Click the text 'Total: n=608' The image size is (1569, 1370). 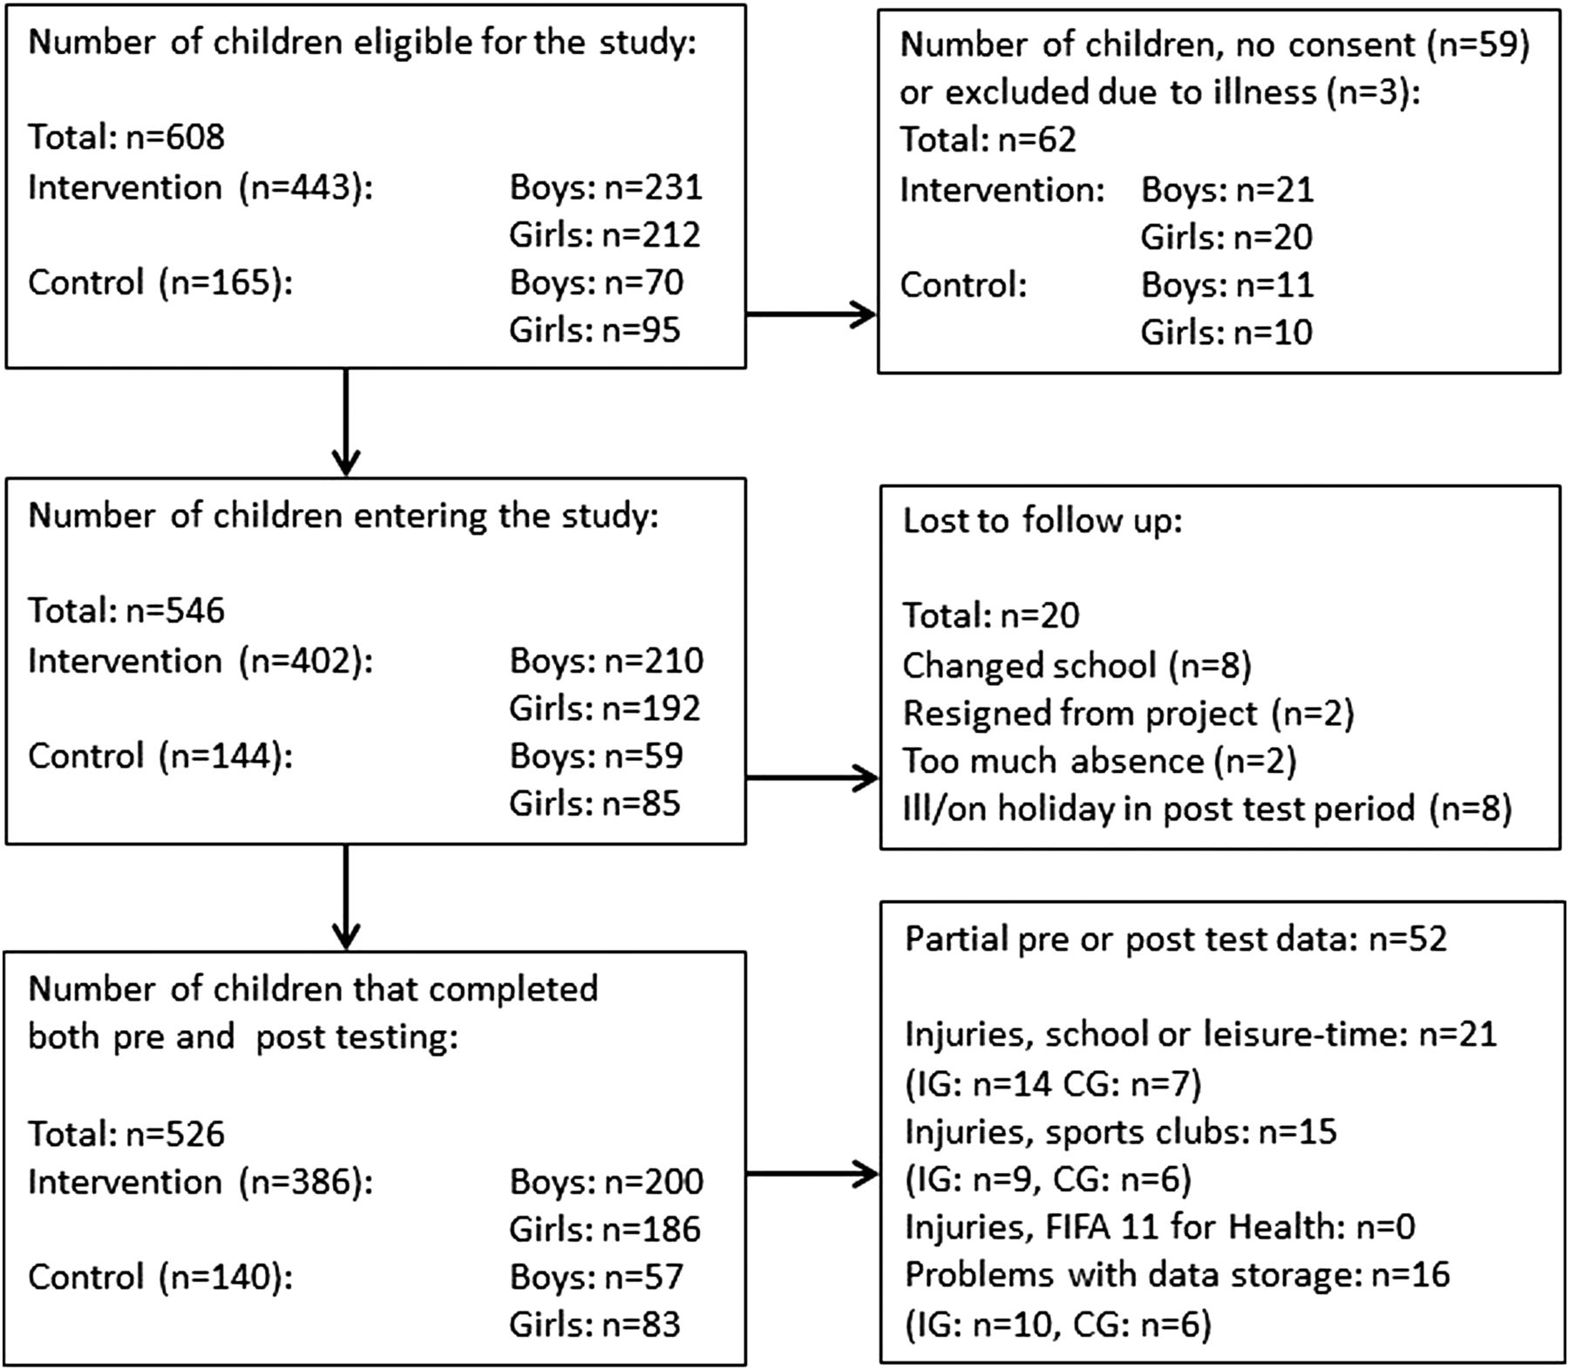pyautogui.click(x=126, y=138)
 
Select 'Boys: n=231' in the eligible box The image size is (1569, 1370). pyautogui.click(x=606, y=187)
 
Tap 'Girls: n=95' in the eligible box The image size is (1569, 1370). pyautogui.click(x=594, y=330)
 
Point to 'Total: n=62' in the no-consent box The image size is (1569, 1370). pyautogui.click(x=988, y=140)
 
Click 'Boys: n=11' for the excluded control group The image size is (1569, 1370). pyautogui.click(x=1227, y=285)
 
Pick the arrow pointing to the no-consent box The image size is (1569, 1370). pyautogui.click(x=811, y=315)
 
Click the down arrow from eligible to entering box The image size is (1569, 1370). pyautogui.click(x=346, y=423)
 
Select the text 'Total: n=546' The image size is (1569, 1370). pyautogui.click(x=126, y=611)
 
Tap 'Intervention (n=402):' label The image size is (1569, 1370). pyautogui.click(x=200, y=661)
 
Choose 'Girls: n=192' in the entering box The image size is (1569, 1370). pyautogui.click(x=605, y=709)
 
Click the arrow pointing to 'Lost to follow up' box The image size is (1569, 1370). pyautogui.click(x=812, y=778)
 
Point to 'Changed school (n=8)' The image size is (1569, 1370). pyautogui.click(x=1077, y=666)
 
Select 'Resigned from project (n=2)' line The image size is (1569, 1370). pyautogui.click(x=1128, y=714)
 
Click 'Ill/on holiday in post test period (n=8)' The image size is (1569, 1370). pyautogui.click(x=1206, y=809)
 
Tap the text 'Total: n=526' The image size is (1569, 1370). pyautogui.click(x=126, y=1135)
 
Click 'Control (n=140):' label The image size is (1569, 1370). pyautogui.click(x=160, y=1278)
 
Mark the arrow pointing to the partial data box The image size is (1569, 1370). pyautogui.click(x=812, y=1174)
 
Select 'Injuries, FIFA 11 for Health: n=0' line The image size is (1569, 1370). pyautogui.click(x=1160, y=1227)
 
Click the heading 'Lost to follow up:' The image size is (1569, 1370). pyautogui.click(x=1043, y=521)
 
